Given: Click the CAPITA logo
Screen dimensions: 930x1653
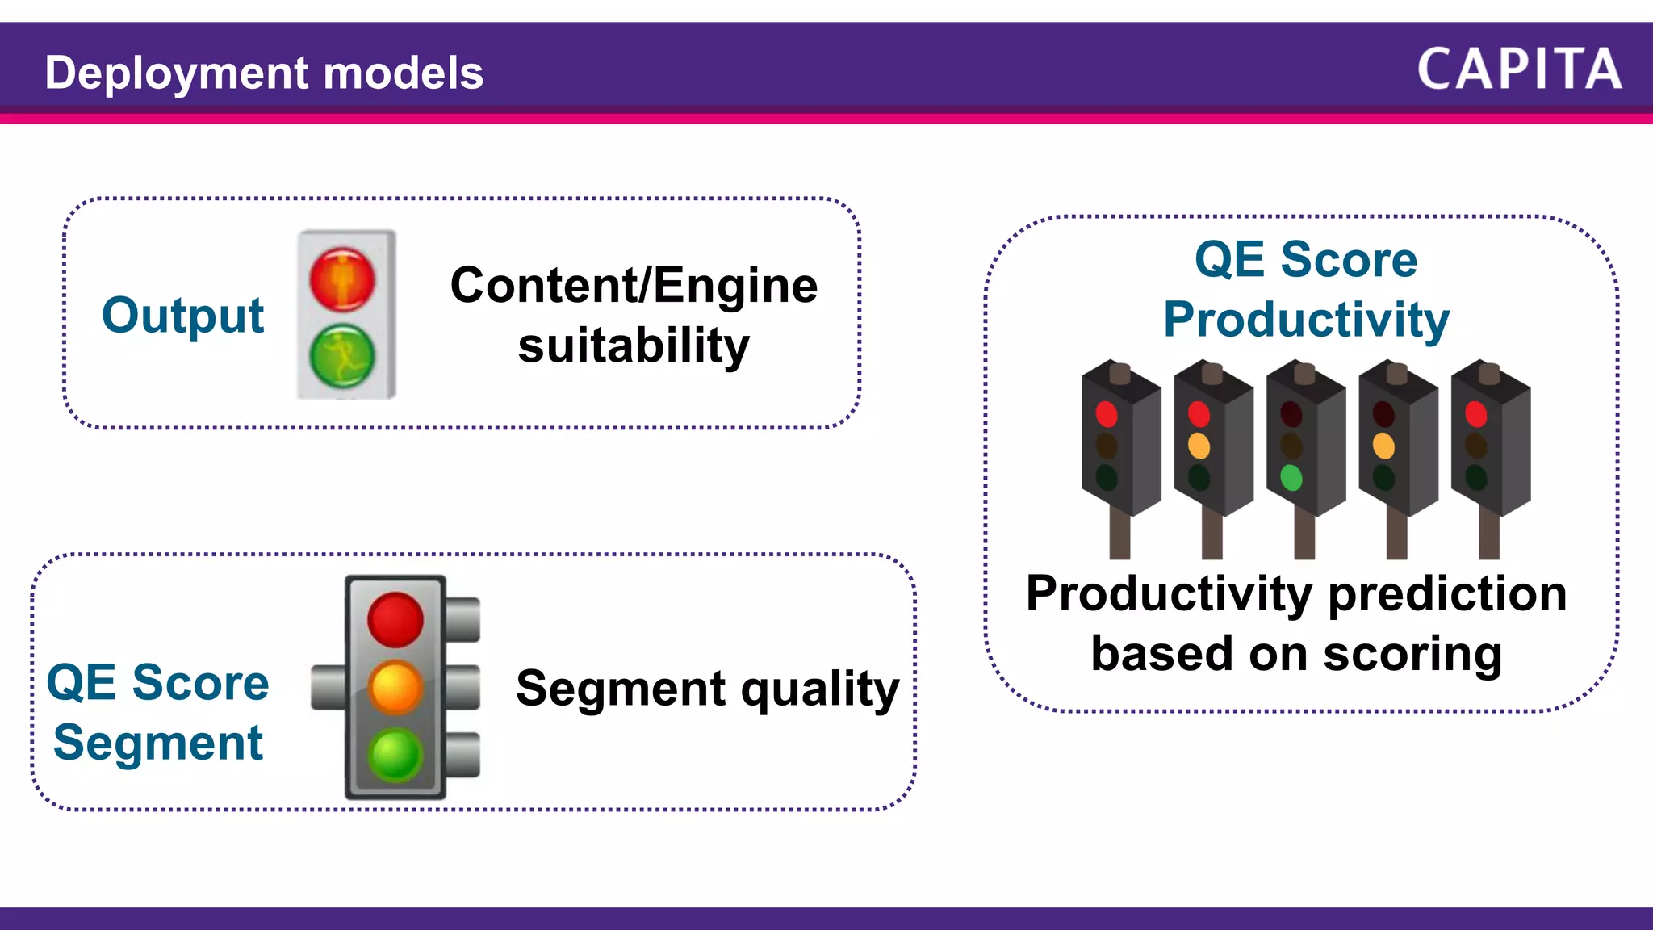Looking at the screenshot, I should [x=1519, y=69].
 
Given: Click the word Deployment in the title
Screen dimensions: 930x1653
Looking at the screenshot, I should [x=177, y=73].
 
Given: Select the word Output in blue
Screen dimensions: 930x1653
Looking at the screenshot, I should [x=182, y=316].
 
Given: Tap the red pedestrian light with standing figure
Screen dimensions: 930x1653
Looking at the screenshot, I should [x=342, y=279].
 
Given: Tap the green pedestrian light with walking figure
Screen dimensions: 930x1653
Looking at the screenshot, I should [x=342, y=356].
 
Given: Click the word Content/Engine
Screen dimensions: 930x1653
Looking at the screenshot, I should [x=634, y=286].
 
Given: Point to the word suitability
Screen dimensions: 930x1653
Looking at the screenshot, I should [x=634, y=346].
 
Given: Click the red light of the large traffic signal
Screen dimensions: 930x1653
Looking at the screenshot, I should [x=395, y=619].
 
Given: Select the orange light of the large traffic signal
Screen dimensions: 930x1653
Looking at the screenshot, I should [x=395, y=688].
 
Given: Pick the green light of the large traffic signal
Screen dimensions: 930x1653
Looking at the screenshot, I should [x=395, y=755].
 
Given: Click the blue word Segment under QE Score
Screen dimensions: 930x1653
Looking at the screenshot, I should [x=158, y=743].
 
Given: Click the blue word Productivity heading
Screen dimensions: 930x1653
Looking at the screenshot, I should [x=1306, y=320].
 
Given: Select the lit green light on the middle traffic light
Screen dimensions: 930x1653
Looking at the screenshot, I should [x=1291, y=478].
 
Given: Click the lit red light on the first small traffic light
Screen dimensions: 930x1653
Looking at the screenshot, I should [x=1107, y=414].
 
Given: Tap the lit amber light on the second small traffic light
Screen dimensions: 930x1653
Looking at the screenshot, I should [x=1199, y=446].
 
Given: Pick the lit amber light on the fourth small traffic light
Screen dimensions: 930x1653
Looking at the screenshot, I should [x=1383, y=446].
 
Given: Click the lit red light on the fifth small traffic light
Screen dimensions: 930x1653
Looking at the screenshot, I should [x=1476, y=414].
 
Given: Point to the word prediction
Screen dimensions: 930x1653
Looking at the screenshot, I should [x=1447, y=594].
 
